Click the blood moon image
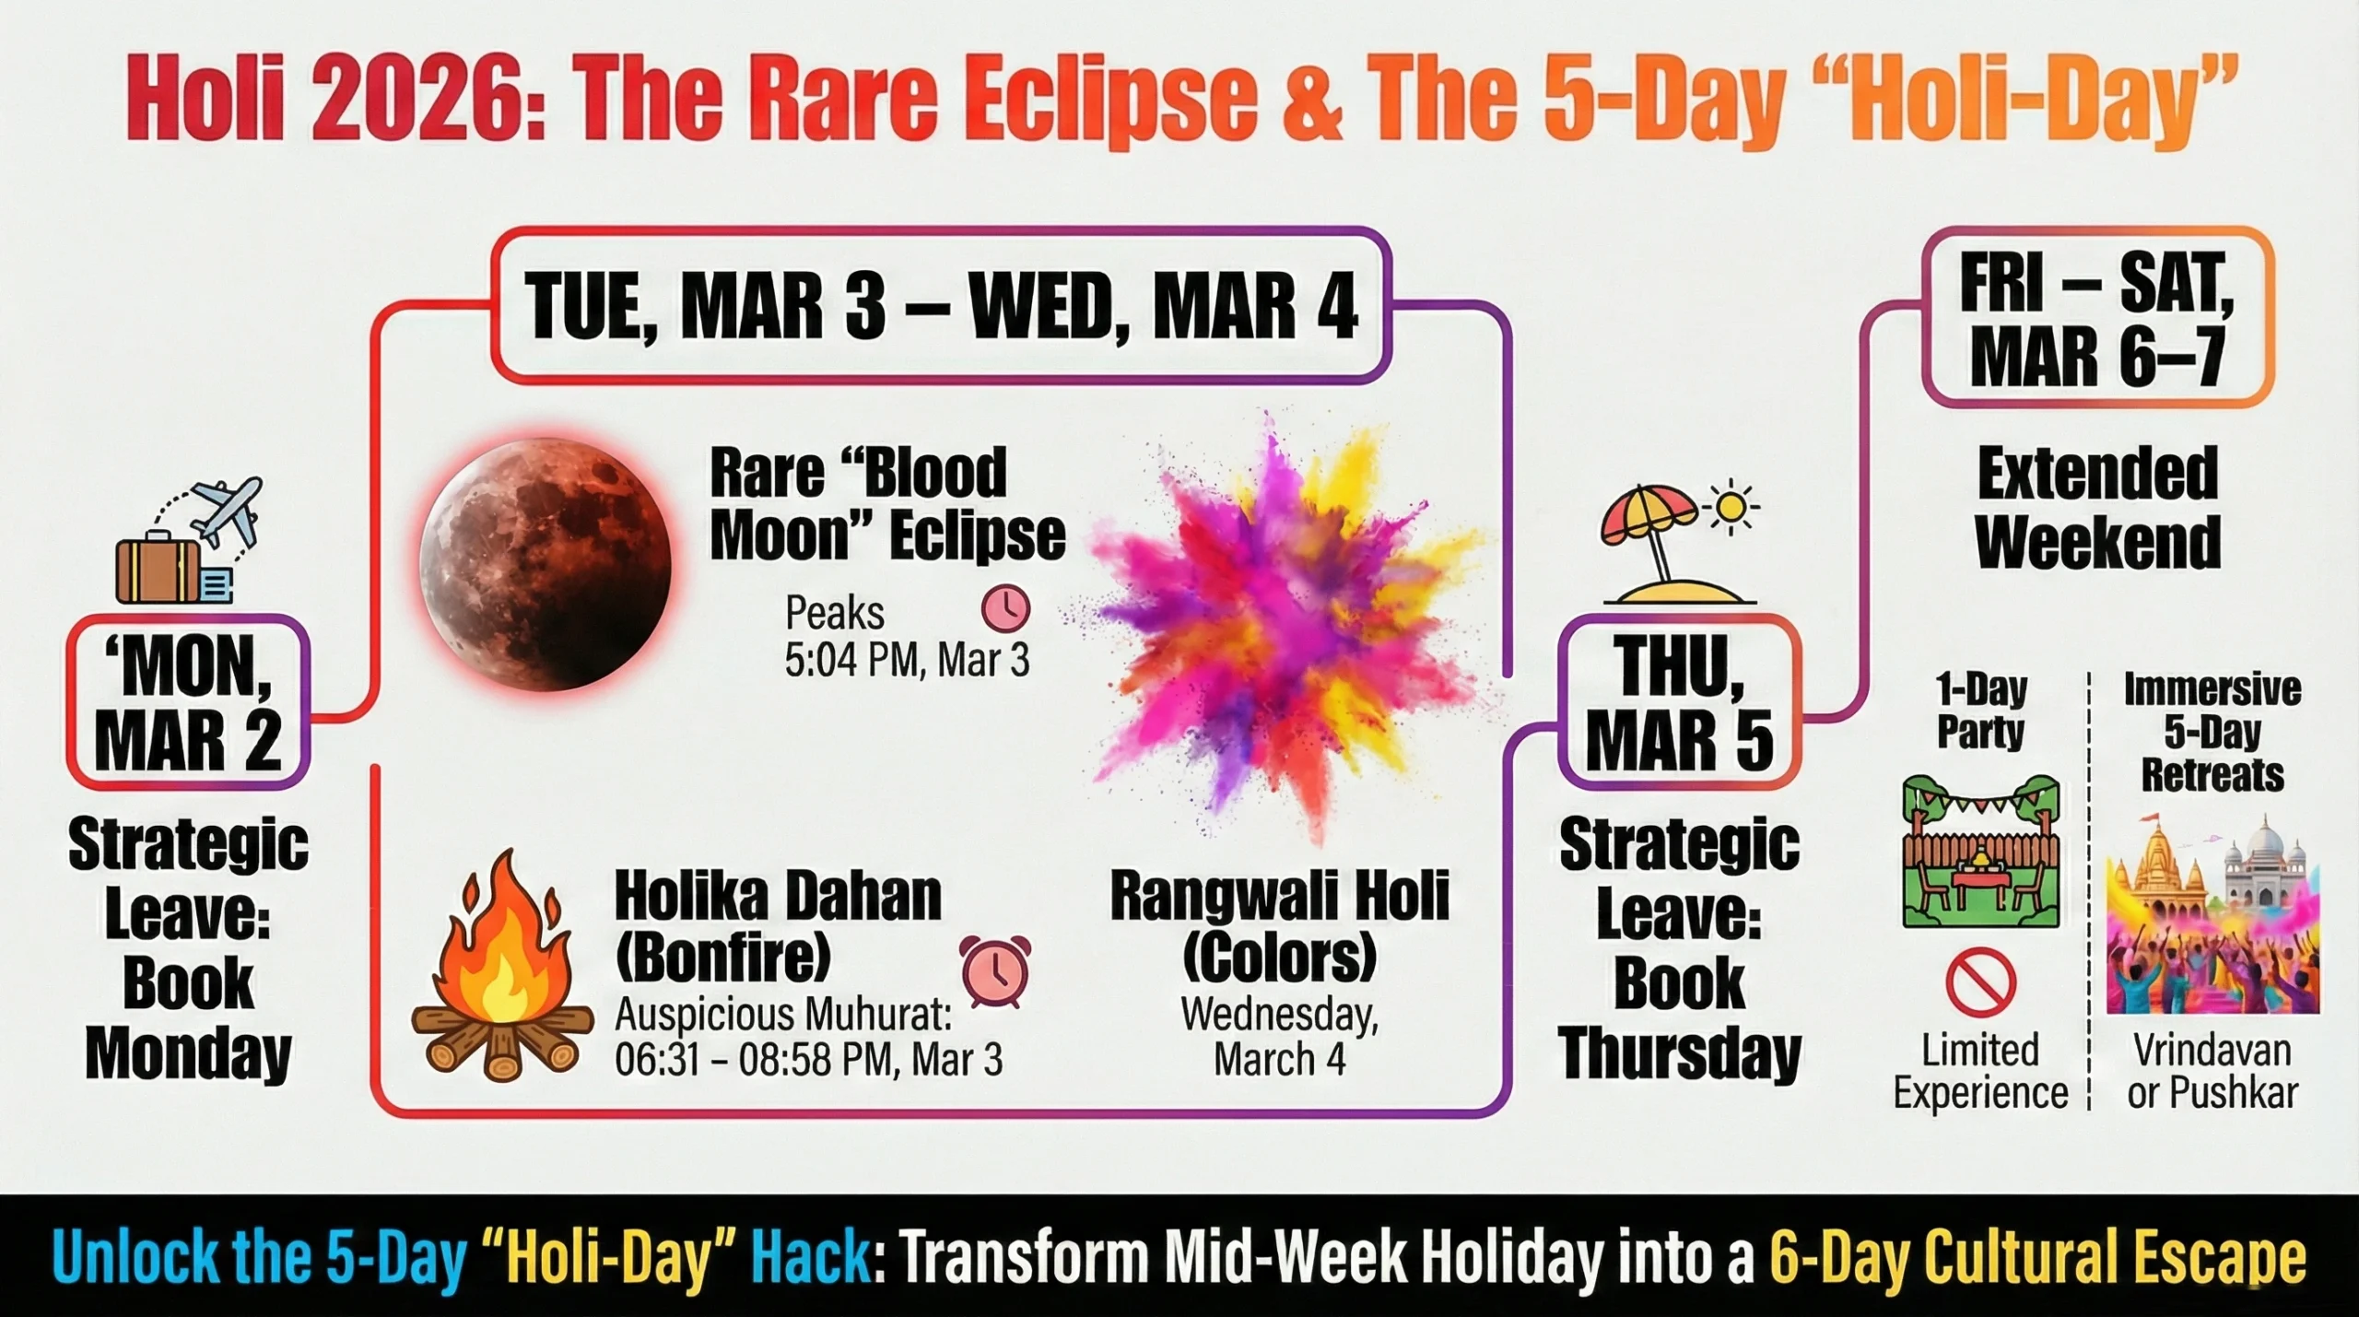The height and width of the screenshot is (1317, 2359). (x=546, y=564)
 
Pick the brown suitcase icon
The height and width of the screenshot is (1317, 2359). (x=158, y=567)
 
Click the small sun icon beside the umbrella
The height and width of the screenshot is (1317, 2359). (x=1731, y=506)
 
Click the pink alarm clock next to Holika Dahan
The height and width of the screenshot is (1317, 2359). (x=995, y=971)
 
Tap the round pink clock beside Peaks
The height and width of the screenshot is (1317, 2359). (x=1005, y=608)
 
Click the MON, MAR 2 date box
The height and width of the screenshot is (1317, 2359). (x=188, y=702)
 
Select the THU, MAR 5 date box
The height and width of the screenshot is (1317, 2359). (x=1680, y=702)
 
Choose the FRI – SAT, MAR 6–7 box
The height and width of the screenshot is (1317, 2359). (x=2098, y=318)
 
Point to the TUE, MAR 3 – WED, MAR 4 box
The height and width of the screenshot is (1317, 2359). (x=941, y=306)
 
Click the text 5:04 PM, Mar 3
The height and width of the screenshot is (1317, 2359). (x=907, y=660)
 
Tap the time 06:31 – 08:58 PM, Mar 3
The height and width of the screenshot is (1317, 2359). (x=808, y=1060)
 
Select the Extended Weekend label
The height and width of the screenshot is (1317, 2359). (x=2098, y=508)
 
